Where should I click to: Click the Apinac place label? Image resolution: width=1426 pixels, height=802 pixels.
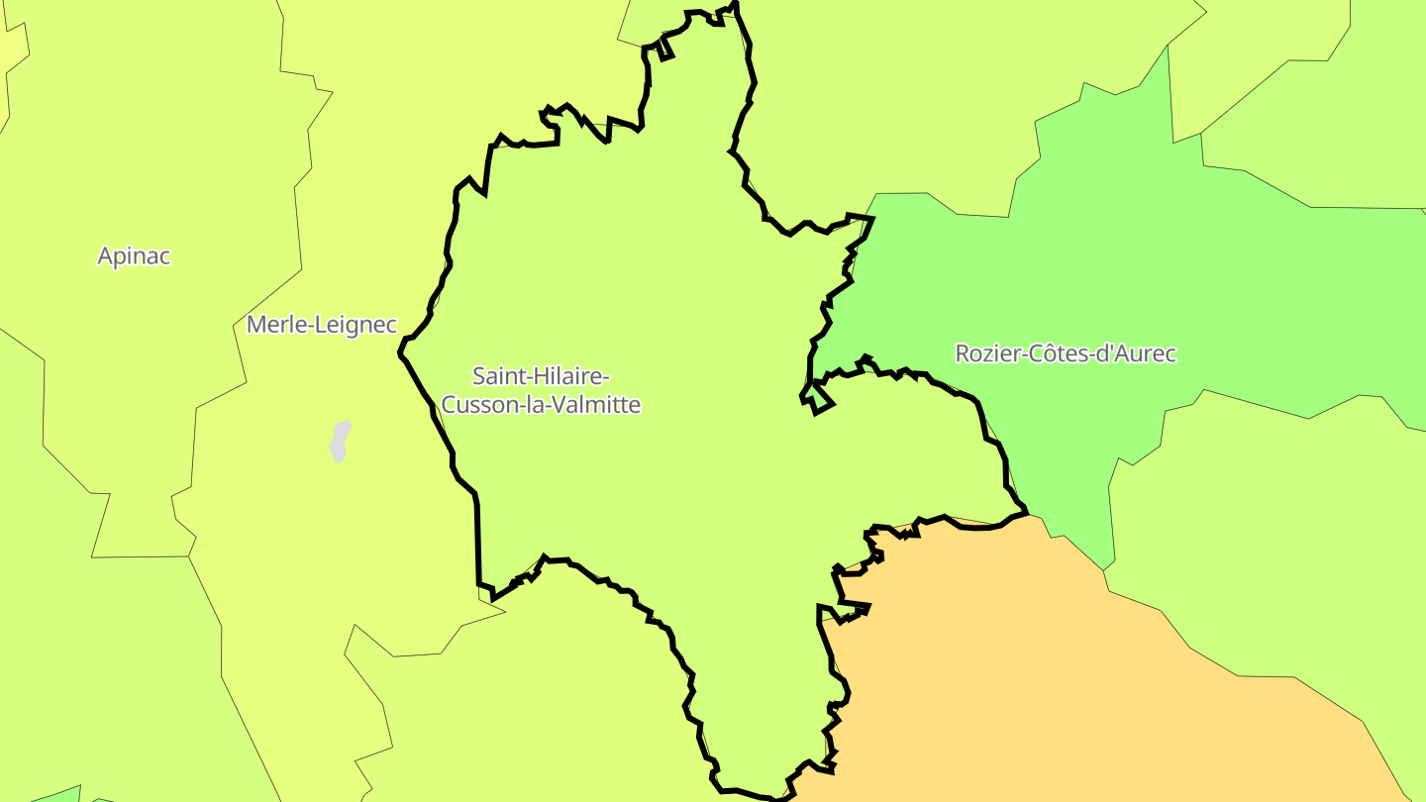point(134,256)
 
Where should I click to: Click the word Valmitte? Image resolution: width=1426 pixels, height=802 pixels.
point(601,405)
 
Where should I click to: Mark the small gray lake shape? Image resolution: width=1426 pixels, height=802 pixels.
point(340,442)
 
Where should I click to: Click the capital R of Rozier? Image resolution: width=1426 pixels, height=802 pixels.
point(962,353)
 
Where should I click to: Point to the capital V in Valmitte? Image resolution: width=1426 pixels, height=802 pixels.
point(566,405)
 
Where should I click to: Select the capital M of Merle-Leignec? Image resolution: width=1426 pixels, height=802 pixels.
point(255,324)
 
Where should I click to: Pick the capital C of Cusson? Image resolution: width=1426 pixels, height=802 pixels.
point(448,405)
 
